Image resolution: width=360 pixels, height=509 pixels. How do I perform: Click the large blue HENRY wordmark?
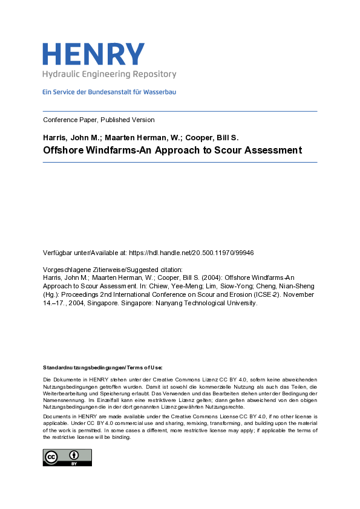pyautogui.click(x=93, y=54)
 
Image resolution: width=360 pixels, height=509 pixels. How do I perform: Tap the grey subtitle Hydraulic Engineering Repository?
pyautogui.click(x=109, y=74)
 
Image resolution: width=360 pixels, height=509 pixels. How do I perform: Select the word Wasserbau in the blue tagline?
pyautogui.click(x=160, y=92)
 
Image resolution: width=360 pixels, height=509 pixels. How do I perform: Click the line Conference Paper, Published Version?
pyautogui.click(x=99, y=120)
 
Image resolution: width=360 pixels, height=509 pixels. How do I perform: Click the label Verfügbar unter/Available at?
pyautogui.click(x=88, y=252)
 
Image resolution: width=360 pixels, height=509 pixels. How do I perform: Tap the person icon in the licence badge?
pyautogui.click(x=74, y=455)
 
